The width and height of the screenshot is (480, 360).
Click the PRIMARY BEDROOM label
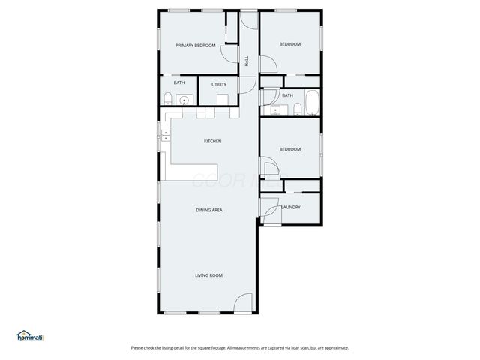coord(196,46)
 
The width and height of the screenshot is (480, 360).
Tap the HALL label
coord(247,61)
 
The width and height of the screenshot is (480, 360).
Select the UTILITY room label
coord(219,85)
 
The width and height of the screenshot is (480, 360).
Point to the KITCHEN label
coord(213,142)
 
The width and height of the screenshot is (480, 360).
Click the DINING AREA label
coord(209,210)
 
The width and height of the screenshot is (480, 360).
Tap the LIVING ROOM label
coord(209,275)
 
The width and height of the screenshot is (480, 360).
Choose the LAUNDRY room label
coord(291,208)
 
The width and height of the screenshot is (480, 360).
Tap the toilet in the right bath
coord(297,110)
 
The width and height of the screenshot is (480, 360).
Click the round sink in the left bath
coord(184,99)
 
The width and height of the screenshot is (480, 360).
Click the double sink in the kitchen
coord(165,136)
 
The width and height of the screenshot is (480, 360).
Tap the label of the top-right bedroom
coord(290,45)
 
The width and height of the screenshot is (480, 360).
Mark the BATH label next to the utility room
coord(179,83)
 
